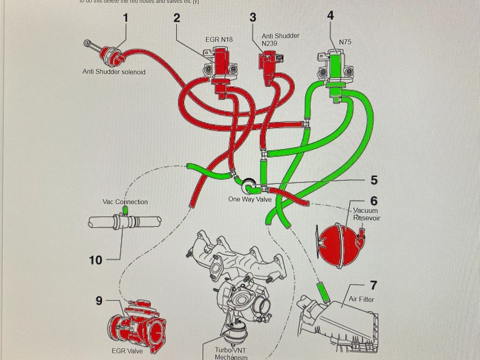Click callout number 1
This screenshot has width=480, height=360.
point(125,18)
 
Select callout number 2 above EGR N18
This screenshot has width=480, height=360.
point(176,18)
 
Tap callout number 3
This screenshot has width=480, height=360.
point(253,17)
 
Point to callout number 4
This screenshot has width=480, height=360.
point(330,15)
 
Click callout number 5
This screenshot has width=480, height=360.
point(374,180)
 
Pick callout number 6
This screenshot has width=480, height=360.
point(374,201)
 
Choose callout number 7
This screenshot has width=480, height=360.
point(374,285)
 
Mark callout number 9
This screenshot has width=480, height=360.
point(99,301)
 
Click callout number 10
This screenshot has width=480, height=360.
point(95,260)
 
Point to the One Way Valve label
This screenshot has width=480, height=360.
point(250,199)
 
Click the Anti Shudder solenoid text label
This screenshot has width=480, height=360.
point(114,72)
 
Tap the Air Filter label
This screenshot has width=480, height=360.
point(361,299)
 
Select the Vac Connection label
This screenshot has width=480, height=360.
point(125,202)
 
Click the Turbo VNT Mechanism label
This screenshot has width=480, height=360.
point(231,353)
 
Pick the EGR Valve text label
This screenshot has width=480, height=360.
point(128,351)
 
